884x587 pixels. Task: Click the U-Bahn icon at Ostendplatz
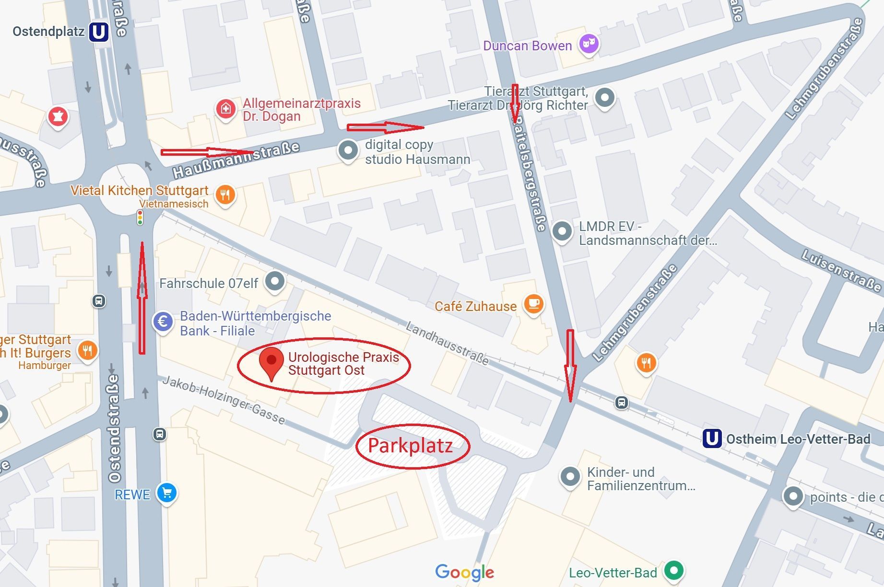tap(99, 32)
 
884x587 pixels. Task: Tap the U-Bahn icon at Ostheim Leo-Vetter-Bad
tap(712, 438)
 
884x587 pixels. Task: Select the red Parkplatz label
tap(411, 446)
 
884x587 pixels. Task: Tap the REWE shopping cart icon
tap(167, 493)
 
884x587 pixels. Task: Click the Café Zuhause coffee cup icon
tap(534, 304)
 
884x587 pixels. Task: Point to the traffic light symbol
tap(140, 218)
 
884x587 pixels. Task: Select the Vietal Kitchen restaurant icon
tap(225, 195)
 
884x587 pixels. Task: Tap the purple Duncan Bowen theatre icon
tap(589, 44)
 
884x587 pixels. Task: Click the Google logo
tap(464, 572)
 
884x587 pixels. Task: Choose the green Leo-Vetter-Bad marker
tap(674, 570)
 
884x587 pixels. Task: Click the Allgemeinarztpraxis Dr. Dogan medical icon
tap(225, 109)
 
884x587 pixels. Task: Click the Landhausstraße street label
tap(447, 343)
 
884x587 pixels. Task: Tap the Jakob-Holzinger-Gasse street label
tap(224, 400)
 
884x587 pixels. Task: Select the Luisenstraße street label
tap(841, 271)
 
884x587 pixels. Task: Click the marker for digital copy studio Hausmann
tap(348, 150)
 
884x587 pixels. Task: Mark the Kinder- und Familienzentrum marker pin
tap(570, 476)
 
